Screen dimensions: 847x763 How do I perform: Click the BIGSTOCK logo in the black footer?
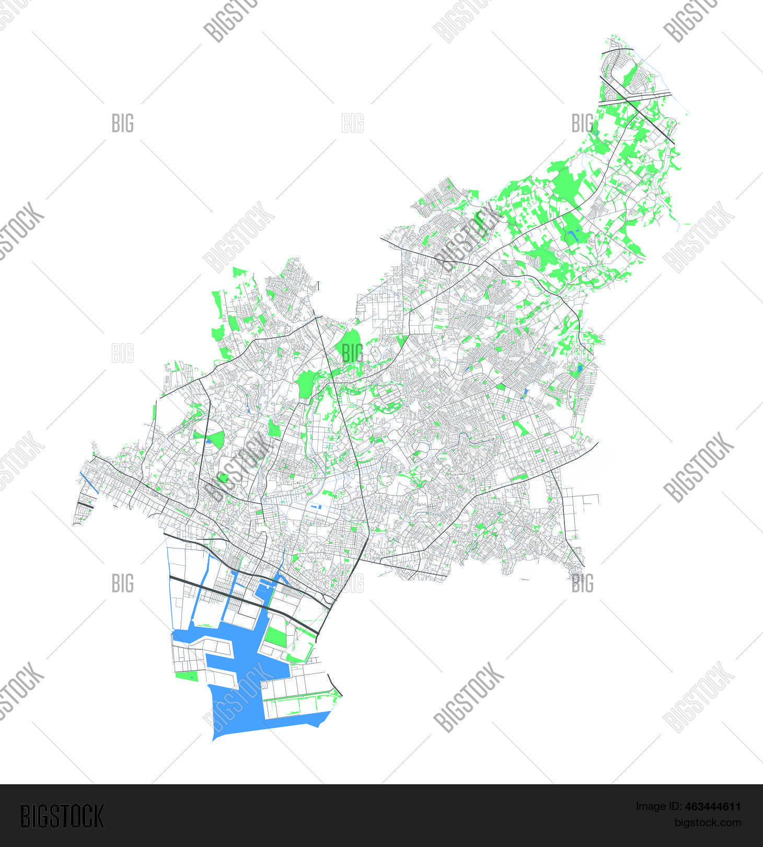click(x=62, y=816)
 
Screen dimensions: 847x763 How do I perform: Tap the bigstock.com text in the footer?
click(x=708, y=822)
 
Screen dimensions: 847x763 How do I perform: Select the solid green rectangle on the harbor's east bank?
click(x=275, y=636)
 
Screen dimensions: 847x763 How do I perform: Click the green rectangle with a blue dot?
click(x=187, y=676)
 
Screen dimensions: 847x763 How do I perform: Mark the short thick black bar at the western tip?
click(x=85, y=505)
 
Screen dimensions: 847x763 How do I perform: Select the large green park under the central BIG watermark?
click(x=350, y=346)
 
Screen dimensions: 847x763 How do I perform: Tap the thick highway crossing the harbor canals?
click(x=246, y=597)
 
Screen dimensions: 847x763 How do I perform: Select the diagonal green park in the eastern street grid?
click(x=520, y=429)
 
